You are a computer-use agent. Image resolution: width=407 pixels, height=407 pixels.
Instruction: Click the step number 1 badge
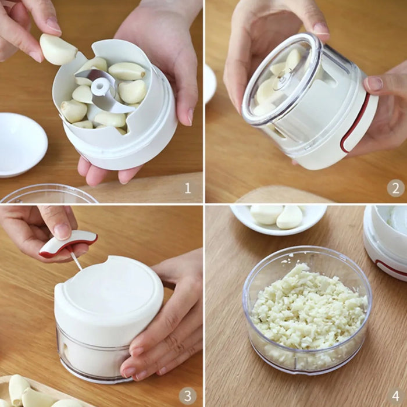[x=187, y=187]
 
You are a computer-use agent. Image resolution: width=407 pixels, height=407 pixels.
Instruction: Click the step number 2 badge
[x=395, y=187]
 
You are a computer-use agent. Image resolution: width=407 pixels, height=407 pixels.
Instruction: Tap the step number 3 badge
[x=187, y=396]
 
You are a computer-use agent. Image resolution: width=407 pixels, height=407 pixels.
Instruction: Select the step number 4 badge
[x=395, y=396]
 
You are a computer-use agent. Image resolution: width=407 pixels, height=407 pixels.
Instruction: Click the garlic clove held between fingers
[x=57, y=49]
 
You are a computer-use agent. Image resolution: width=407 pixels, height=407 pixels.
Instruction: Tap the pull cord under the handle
[x=76, y=261]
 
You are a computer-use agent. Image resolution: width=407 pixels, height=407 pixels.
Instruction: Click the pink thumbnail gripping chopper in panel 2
[x=374, y=84]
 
